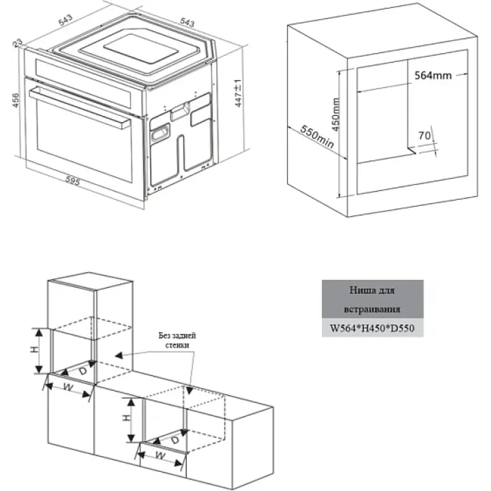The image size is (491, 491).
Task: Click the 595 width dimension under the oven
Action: point(73,181)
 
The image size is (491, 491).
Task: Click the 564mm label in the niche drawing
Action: point(433,76)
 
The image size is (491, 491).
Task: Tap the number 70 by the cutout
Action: point(423,135)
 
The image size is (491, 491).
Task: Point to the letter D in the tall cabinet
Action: point(82,372)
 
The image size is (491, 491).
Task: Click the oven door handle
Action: point(82,107)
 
